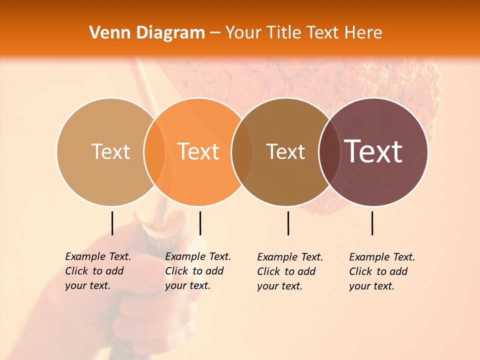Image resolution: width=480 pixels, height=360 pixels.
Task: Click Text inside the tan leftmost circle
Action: (x=110, y=151)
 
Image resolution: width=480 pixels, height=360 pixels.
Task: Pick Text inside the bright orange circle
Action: (x=198, y=151)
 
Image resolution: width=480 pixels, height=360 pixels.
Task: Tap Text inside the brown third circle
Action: (x=285, y=151)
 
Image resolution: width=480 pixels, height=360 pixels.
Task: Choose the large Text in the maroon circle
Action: (x=373, y=151)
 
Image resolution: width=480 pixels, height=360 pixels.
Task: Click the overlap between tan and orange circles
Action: (x=154, y=152)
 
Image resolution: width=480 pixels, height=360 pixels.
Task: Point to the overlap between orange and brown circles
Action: (x=242, y=152)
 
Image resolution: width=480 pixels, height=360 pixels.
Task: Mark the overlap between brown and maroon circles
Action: (x=329, y=152)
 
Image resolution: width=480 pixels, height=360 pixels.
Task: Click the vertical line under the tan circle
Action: (x=112, y=223)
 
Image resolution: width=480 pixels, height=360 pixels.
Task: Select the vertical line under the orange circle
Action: (x=200, y=223)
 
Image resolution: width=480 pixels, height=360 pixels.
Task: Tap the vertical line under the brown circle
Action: (x=288, y=223)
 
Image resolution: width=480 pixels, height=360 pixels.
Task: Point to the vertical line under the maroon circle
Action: (x=372, y=223)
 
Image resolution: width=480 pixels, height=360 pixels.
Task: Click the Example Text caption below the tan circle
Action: (x=97, y=271)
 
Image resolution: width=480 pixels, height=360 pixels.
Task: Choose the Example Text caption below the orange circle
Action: (x=197, y=271)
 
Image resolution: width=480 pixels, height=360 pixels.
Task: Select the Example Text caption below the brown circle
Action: (x=289, y=271)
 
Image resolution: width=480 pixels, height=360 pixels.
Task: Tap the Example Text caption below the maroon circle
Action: (x=381, y=271)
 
